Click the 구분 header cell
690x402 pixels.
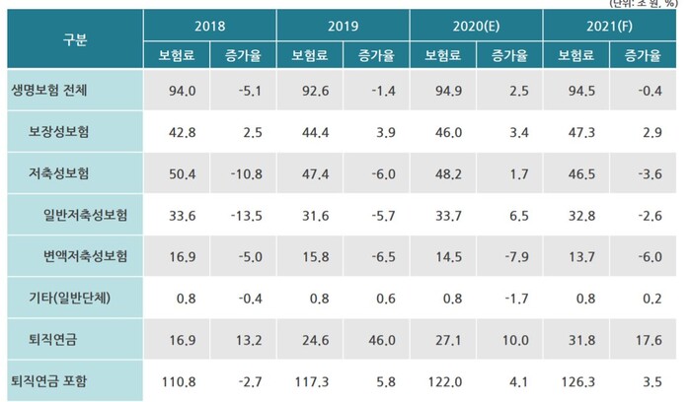pyautogui.click(x=73, y=39)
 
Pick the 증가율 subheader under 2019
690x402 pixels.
pyautogui.click(x=376, y=54)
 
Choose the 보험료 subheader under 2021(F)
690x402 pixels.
pyautogui.click(x=575, y=54)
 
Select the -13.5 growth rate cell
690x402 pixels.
pyautogui.click(x=243, y=214)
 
